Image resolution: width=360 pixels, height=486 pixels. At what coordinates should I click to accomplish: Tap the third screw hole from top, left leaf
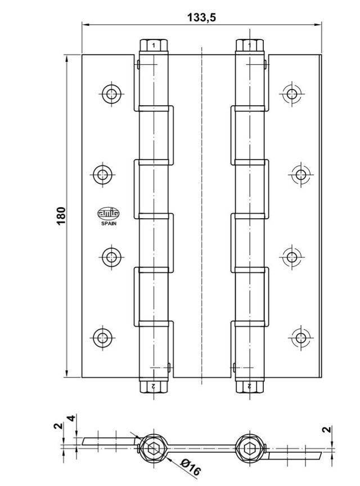(111, 257)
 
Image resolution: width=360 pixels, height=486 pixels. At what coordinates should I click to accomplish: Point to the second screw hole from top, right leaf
(300, 174)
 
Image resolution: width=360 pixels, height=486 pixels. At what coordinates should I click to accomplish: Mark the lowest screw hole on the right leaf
(300, 337)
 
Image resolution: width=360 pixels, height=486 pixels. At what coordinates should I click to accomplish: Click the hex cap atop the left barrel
(154, 45)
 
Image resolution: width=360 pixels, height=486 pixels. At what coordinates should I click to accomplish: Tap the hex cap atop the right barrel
(249, 45)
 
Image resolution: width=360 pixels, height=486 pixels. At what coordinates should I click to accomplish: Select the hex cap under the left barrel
(154, 387)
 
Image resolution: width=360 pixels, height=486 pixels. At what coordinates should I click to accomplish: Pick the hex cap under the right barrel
(249, 387)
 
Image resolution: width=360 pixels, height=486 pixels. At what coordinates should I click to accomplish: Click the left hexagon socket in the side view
(154, 449)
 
